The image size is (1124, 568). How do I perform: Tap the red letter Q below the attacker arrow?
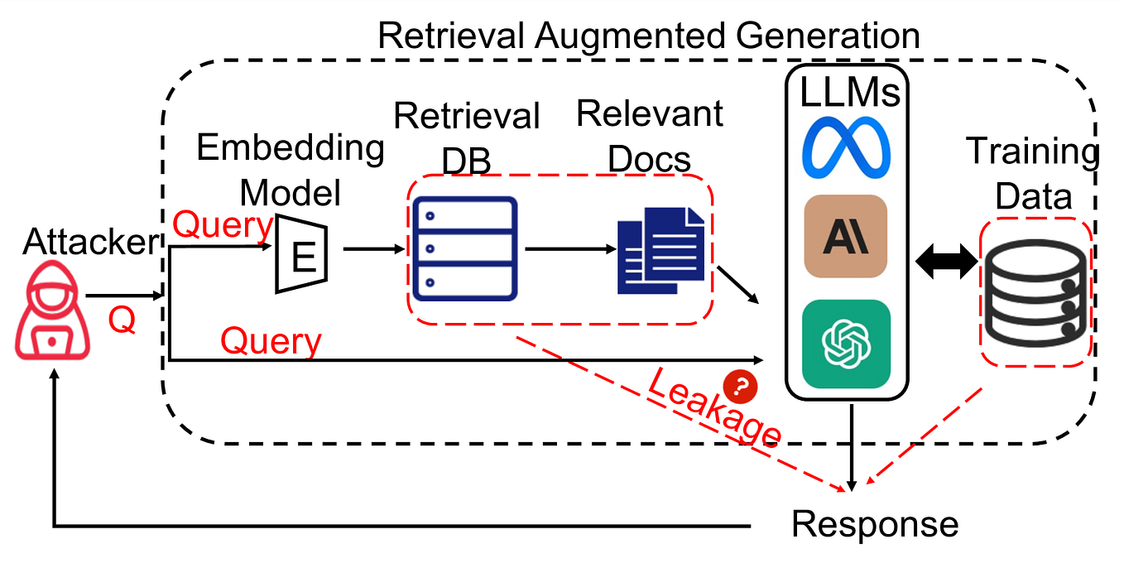click(122, 320)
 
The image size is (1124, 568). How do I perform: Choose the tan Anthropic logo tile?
click(845, 236)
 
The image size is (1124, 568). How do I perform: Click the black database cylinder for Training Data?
click(1034, 292)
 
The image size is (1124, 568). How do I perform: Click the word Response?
click(874, 524)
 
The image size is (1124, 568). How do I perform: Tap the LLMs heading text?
click(849, 94)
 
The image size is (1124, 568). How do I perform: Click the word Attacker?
click(90, 242)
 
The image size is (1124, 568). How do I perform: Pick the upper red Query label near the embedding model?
click(222, 224)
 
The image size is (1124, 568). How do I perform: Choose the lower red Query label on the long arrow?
click(271, 339)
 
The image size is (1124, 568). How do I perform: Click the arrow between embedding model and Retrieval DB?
click(371, 247)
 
